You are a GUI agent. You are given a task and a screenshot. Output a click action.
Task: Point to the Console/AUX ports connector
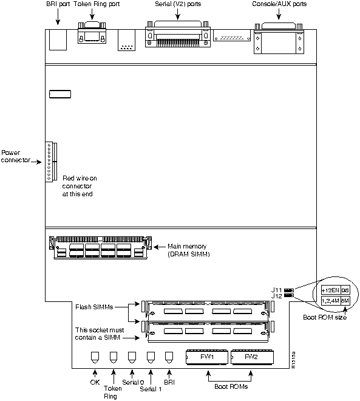pyautogui.click(x=278, y=38)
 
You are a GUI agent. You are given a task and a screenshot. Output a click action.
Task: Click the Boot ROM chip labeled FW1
pyautogui.click(x=207, y=357)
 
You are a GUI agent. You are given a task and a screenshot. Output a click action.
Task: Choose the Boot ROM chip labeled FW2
pyautogui.click(x=251, y=357)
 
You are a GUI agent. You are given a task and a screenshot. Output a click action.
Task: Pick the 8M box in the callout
pyautogui.click(x=345, y=301)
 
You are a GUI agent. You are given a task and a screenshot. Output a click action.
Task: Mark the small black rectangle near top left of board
pyautogui.click(x=59, y=95)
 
